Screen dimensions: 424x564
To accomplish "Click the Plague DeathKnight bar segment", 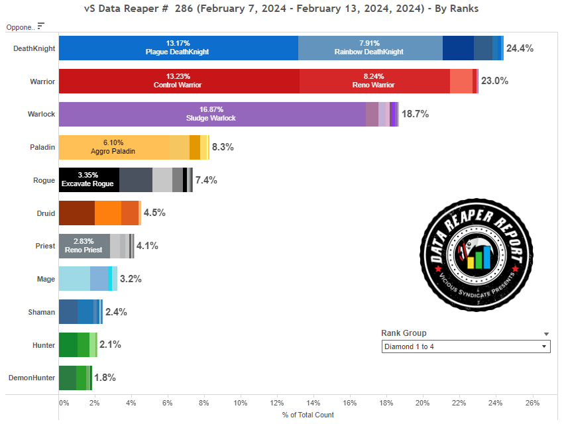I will point(178,48).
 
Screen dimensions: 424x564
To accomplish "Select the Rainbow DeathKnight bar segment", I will point(370,48).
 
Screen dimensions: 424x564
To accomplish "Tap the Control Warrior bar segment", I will point(179,81).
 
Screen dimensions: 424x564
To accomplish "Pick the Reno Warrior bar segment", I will point(374,81).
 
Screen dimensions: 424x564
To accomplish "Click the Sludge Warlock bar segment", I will point(212,114).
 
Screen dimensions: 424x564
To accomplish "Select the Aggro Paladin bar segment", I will point(113,147).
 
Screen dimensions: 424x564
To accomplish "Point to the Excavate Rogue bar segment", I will point(89,180).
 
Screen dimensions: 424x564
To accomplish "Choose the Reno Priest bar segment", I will point(84,246).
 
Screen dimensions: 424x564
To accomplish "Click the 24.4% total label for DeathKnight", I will point(520,48).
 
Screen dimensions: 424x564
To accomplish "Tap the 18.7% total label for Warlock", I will point(415,114).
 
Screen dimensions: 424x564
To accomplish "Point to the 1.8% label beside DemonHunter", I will point(105,378).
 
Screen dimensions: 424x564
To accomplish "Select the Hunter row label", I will point(43,345).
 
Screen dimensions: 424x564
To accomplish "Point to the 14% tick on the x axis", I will point(313,402).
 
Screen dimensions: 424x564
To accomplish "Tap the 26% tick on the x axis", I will point(532,402).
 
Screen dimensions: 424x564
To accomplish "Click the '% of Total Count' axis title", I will point(308,415).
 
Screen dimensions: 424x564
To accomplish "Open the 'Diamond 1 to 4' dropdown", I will point(466,346).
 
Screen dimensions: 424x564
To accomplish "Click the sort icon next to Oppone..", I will point(41,26).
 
